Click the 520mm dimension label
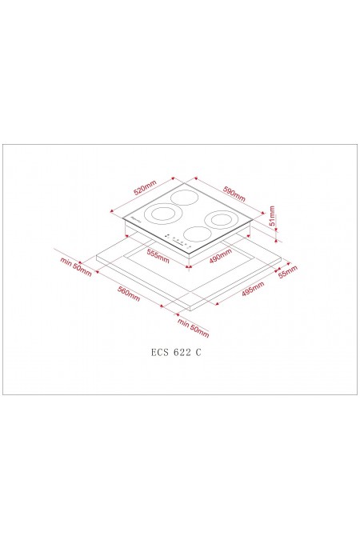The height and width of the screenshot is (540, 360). click(144, 189)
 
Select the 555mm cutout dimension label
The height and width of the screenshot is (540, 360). click(158, 256)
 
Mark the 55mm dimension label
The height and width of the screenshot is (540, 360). click(288, 273)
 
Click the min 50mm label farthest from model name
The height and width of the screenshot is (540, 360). click(77, 265)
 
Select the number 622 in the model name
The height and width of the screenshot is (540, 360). click(181, 351)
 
